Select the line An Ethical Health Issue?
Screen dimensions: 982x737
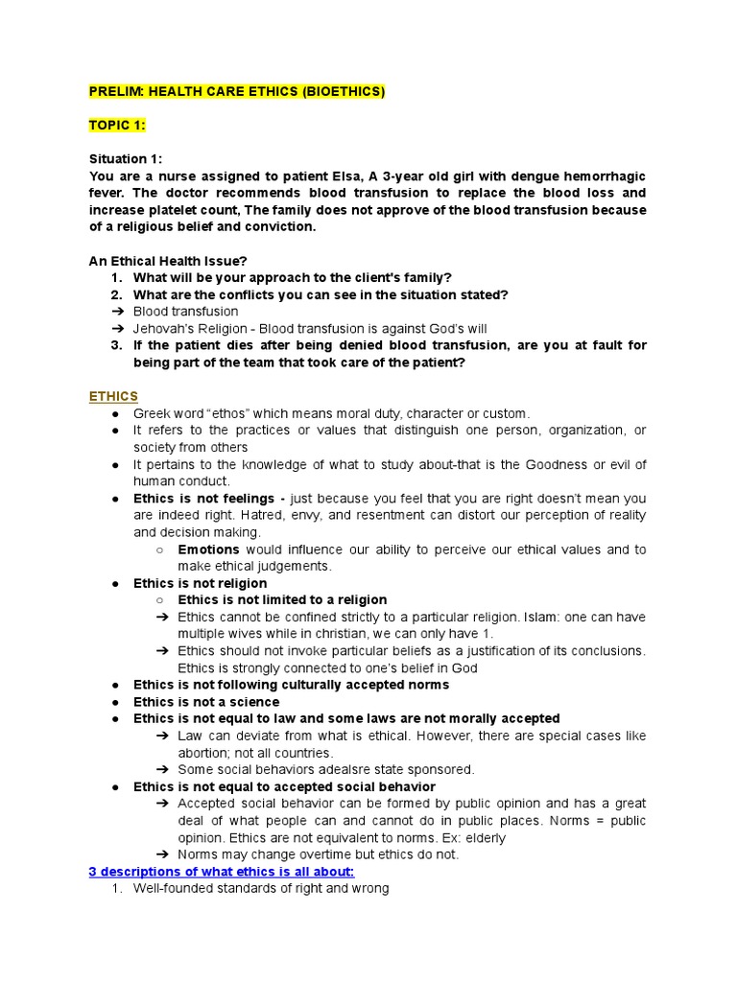tap(181, 261)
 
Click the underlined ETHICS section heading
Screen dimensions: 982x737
tap(113, 396)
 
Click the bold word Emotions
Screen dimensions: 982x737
tap(209, 549)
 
